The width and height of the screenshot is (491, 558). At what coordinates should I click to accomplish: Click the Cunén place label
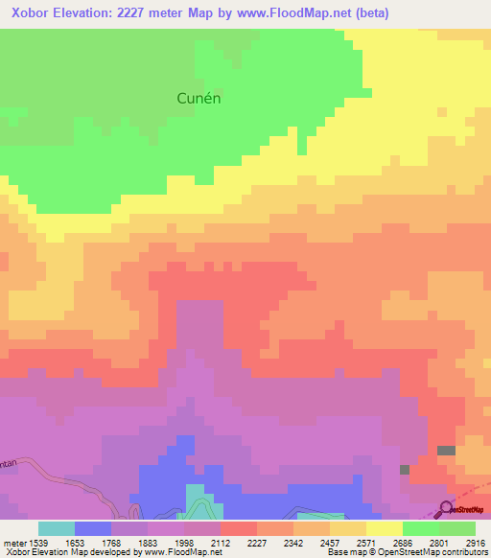[206, 97]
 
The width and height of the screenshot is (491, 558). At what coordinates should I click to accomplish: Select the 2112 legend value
[221, 542]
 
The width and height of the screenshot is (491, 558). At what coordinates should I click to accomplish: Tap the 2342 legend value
[293, 542]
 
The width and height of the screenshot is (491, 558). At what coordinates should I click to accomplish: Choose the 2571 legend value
[367, 542]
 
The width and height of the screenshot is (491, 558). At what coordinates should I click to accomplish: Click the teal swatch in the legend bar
[56, 528]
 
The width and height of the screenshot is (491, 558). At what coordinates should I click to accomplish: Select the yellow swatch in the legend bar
[385, 528]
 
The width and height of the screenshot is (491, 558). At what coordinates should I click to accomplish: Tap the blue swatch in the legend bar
[92, 528]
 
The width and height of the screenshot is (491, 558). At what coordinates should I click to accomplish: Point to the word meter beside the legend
[12, 542]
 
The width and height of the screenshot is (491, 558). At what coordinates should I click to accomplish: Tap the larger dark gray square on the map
[446, 451]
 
